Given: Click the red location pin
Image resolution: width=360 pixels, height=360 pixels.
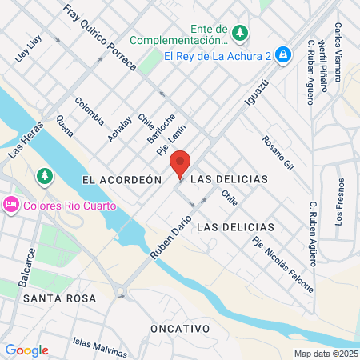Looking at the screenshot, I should coord(181,164).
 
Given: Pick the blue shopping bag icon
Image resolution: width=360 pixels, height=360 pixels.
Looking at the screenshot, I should coord(282,55).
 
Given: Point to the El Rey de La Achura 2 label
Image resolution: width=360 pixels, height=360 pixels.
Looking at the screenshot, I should coord(216,55).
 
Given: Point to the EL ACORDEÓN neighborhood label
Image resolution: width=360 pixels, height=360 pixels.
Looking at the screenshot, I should coord(122,180).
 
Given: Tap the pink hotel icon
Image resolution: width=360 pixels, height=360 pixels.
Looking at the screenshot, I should coord(11,206).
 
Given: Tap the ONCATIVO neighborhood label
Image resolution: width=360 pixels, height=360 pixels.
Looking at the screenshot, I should coord(180,329).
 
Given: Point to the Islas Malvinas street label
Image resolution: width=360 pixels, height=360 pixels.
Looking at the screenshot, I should coord(100,347).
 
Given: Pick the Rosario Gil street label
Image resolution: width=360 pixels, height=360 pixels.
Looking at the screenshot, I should coord(278,152).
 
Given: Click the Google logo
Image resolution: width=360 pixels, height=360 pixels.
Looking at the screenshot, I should coord(26,350).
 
